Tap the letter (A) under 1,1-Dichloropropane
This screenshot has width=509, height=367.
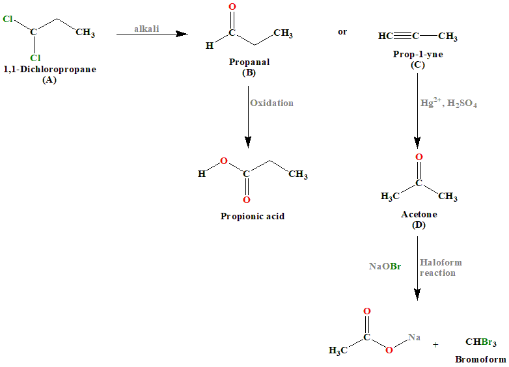pyautogui.click(x=49, y=79)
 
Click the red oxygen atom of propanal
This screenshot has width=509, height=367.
pyautogui.click(x=232, y=8)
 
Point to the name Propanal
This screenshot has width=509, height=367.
pyautogui.click(x=249, y=62)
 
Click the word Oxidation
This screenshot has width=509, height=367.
pyautogui.click(x=271, y=103)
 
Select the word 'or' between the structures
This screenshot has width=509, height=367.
pyautogui.click(x=342, y=31)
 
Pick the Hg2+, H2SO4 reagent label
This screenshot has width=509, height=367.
pyautogui.click(x=449, y=103)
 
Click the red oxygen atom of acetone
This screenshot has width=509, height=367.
pyautogui.click(x=419, y=157)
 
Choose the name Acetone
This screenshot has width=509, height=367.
pyautogui.click(x=419, y=215)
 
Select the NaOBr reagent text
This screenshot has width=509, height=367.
pyautogui.click(x=385, y=267)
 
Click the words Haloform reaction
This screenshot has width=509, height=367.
pyautogui.click(x=441, y=267)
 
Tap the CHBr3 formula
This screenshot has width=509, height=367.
pyautogui.click(x=481, y=342)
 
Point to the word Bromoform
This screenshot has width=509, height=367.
pyautogui.click(x=480, y=359)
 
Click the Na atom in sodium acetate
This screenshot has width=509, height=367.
pyautogui.click(x=415, y=336)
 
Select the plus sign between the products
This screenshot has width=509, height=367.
pyautogui.click(x=435, y=344)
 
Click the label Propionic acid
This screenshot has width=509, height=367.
pyautogui.click(x=253, y=216)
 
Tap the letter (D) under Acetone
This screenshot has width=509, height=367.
pyautogui.click(x=419, y=225)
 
